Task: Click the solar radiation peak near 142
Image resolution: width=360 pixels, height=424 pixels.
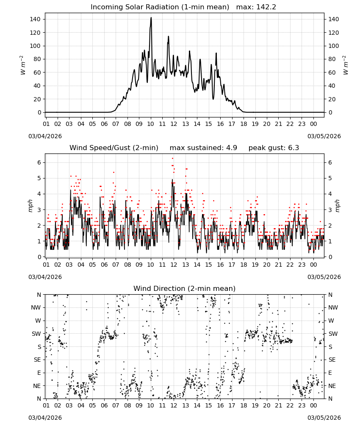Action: (151, 18)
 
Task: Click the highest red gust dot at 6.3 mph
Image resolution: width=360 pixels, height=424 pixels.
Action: (172, 159)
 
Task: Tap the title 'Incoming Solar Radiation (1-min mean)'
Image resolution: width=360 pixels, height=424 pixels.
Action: (160, 7)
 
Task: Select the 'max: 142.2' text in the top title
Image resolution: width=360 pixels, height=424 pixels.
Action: (256, 7)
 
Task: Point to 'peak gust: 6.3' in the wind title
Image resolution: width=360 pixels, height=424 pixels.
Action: (274, 148)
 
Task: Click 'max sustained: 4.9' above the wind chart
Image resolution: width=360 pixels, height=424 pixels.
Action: (203, 148)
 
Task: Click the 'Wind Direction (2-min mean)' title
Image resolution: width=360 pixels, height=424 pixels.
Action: (185, 288)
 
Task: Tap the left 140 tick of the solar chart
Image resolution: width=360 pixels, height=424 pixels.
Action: (35, 19)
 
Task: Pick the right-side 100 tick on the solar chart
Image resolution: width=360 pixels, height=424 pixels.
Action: (334, 46)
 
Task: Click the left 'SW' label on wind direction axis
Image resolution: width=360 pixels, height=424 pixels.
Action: (36, 334)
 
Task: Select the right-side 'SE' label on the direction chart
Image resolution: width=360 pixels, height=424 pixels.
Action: (332, 360)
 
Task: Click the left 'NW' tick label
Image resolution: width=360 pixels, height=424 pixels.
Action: (36, 308)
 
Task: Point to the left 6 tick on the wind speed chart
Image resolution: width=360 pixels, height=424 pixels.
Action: (39, 162)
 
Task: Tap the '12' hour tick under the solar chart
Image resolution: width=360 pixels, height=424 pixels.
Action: (174, 124)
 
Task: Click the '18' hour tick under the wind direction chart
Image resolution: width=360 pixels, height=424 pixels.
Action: (244, 405)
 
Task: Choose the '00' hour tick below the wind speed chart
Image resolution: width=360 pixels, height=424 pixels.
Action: (313, 265)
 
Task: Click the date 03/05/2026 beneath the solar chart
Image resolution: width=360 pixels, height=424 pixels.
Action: (324, 136)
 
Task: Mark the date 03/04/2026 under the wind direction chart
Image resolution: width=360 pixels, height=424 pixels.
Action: (45, 418)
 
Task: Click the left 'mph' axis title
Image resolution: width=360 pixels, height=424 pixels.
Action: (30, 206)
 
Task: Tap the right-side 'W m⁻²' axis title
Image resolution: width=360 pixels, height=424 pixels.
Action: (346, 65)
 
